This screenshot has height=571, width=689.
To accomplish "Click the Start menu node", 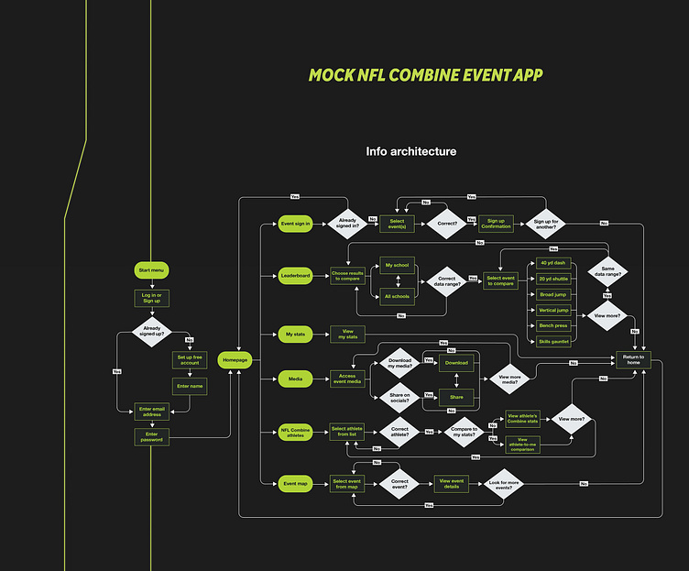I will [151, 270].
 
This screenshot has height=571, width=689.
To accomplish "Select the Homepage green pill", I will [235, 360].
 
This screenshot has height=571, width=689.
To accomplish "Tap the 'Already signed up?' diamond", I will [151, 332].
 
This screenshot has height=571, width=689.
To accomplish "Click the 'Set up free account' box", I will [190, 359].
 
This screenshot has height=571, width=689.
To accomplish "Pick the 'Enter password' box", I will [152, 436].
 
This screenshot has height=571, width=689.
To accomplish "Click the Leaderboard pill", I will [296, 274].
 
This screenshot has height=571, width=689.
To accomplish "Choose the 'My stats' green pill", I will [296, 335].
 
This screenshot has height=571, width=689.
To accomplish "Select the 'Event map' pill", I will [296, 482].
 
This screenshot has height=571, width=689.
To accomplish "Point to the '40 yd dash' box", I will [553, 263].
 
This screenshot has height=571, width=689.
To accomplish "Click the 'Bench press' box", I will [553, 325].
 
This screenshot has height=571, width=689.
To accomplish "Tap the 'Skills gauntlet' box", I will [553, 341].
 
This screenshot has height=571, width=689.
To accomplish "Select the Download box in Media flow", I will [456, 362].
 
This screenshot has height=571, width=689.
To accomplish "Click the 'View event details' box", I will [452, 482].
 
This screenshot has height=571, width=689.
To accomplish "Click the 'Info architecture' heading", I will [410, 151].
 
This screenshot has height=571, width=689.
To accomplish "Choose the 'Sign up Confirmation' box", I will [496, 223].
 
